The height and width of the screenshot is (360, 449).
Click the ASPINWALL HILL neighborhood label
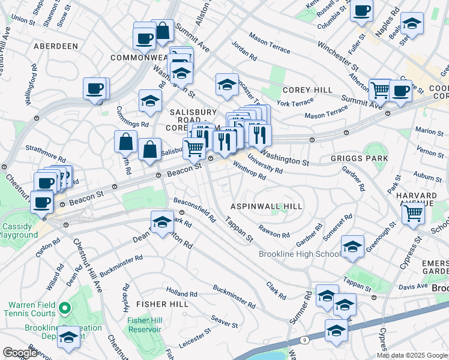pyautogui.click(x=267, y=206)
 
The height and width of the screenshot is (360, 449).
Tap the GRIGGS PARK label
pyautogui.click(x=358, y=159)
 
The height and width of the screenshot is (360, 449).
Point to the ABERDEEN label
pyautogui.click(x=56, y=46)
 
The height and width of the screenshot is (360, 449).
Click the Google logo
pyautogui.click(x=20, y=353)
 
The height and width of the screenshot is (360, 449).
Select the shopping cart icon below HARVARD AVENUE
pyautogui.click(x=412, y=212)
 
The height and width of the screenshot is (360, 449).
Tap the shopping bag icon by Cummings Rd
pyautogui.click(x=125, y=143)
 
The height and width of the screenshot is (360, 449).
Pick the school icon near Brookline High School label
pyautogui.click(x=352, y=246)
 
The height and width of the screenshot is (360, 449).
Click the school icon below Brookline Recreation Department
pyautogui.click(x=69, y=338)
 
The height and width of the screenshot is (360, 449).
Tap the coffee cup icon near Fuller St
pyautogui.click(x=362, y=10)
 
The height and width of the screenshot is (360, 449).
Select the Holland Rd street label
pyautogui.click(x=181, y=293)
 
